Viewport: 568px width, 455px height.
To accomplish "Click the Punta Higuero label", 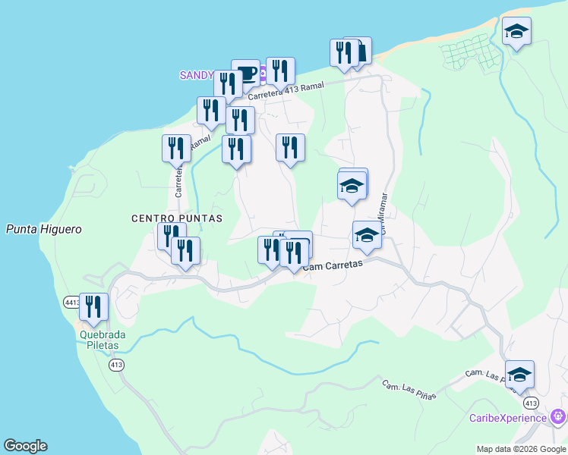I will click(x=43, y=229).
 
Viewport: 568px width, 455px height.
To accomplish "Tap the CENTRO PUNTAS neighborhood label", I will click(x=177, y=218).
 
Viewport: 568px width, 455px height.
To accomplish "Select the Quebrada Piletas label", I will click(x=103, y=340).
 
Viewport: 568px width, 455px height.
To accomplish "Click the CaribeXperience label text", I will click(x=507, y=418).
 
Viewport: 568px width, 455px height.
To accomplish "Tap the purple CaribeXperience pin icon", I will click(x=558, y=416).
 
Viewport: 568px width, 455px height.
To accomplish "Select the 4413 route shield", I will click(x=71, y=302).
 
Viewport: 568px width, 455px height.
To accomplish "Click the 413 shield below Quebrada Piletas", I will click(x=116, y=366).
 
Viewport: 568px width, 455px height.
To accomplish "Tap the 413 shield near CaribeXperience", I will click(x=531, y=403).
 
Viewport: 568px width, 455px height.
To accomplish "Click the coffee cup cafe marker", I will click(x=245, y=73).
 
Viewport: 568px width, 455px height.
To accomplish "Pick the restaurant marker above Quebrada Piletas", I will click(x=94, y=306).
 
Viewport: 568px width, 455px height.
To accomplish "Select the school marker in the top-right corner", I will click(x=516, y=31).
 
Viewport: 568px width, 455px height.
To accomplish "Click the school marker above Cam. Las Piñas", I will click(x=519, y=374).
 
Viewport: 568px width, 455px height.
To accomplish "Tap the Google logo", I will click(x=26, y=446).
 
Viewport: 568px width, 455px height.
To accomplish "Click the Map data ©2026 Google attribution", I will click(x=520, y=449).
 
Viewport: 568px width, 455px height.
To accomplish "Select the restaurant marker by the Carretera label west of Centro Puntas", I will click(x=176, y=147).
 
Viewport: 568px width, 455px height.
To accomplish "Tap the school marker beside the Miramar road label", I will click(x=367, y=234).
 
